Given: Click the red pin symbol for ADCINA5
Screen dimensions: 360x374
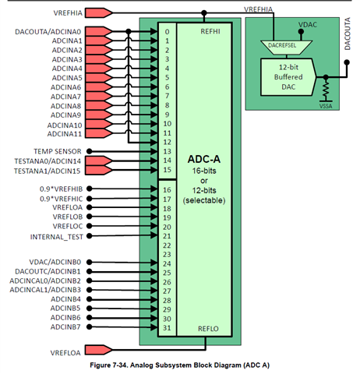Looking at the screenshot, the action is pyautogui.click(x=99, y=78).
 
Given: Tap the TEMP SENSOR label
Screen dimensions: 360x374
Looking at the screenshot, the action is pyautogui.click(x=58, y=151).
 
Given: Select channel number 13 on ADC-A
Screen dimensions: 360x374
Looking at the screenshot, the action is pyautogui.click(x=168, y=151).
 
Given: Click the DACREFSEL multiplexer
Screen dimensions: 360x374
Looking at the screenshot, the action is pyautogui.click(x=286, y=48).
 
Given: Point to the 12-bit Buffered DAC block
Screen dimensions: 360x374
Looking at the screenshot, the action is pyautogui.click(x=288, y=77).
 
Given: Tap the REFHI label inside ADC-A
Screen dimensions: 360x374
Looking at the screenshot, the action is pyautogui.click(x=210, y=31).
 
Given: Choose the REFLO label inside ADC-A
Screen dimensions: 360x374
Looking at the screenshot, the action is pyautogui.click(x=208, y=329).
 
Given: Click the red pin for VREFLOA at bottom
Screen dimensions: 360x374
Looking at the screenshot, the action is pyautogui.click(x=99, y=350).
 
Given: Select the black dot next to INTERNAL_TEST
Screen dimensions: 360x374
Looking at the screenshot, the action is pyautogui.click(x=89, y=236).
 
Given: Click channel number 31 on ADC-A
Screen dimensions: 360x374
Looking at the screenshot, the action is pyautogui.click(x=167, y=328).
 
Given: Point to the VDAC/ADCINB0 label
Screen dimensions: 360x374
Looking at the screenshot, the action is pyautogui.click(x=55, y=262).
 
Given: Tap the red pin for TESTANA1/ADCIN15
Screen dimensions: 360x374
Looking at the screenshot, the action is pyautogui.click(x=99, y=171).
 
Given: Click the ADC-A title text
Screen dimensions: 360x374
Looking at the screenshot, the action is pyautogui.click(x=204, y=159).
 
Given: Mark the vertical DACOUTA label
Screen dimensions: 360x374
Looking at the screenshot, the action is pyautogui.click(x=348, y=34).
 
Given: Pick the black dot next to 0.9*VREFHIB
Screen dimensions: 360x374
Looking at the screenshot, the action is pyautogui.click(x=89, y=189).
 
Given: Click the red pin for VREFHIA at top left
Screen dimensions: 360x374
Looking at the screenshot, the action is pyautogui.click(x=99, y=12).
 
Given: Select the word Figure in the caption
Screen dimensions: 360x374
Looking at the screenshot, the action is pyautogui.click(x=100, y=365).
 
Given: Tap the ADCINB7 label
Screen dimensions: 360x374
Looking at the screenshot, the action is pyautogui.click(x=65, y=326).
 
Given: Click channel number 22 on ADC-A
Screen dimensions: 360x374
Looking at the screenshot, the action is pyautogui.click(x=167, y=245).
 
